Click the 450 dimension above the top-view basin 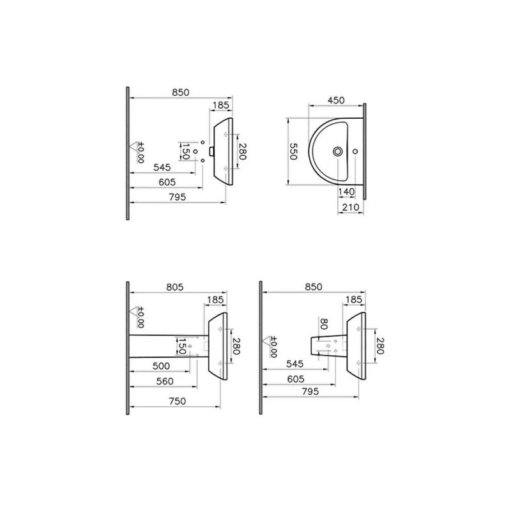pyautogui.click(x=336, y=100)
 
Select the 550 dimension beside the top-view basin pyautogui.click(x=293, y=151)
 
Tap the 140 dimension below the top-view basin pyautogui.click(x=346, y=192)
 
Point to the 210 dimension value pyautogui.click(x=351, y=207)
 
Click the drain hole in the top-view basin pyautogui.click(x=338, y=151)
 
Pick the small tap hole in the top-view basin pyautogui.click(x=356, y=151)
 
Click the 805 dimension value pyautogui.click(x=175, y=287)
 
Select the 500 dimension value pyautogui.click(x=162, y=366)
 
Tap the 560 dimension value pyautogui.click(x=165, y=381)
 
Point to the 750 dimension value pyautogui.click(x=178, y=401)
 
